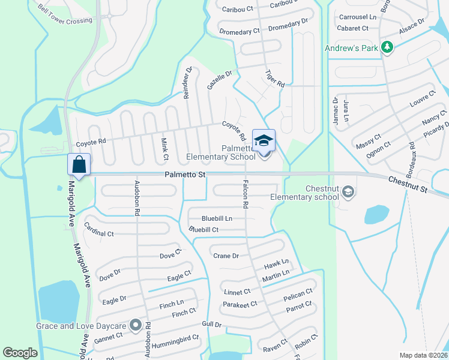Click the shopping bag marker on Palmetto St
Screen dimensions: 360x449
point(79,164)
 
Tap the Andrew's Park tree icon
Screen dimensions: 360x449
point(388,47)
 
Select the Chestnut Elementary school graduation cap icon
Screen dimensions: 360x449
point(348,192)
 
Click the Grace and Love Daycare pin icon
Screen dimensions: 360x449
point(136,326)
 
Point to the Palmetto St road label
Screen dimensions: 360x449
point(185,175)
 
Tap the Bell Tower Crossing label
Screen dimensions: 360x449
point(65,16)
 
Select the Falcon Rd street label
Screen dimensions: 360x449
point(246,194)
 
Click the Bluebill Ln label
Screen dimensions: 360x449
point(217,218)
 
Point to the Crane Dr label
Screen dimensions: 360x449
point(226,256)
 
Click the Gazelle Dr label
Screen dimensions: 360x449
point(219,80)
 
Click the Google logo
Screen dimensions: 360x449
point(20,353)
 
